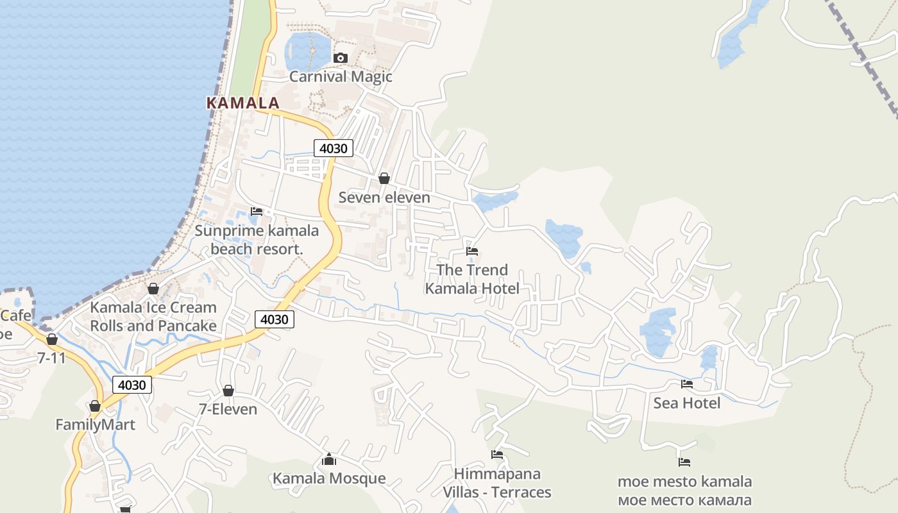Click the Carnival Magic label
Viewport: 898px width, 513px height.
pos(341,77)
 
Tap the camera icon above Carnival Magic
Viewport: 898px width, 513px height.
pos(341,58)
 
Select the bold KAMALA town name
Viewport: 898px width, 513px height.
pos(243,103)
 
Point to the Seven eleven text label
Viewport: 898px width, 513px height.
pos(384,198)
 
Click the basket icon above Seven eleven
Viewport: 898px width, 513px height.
pos(384,178)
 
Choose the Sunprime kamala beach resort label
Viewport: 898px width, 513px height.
pos(257,240)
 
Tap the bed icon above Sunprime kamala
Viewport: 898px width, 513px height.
pos(257,211)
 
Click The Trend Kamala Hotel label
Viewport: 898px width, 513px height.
pos(472,279)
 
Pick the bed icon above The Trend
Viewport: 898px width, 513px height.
pos(472,251)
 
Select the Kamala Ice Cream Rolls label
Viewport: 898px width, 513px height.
pos(153,317)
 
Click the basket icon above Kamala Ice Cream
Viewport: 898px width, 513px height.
pos(153,289)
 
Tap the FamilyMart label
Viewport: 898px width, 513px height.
pos(95,425)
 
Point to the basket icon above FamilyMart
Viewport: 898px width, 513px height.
pos(95,406)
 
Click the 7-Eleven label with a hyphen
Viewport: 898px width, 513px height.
pos(228,409)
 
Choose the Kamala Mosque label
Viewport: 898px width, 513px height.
pos(329,478)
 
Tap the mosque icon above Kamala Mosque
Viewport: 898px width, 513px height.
pos(329,459)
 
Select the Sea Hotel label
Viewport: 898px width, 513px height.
pos(687,403)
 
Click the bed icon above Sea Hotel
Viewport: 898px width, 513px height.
pos(687,384)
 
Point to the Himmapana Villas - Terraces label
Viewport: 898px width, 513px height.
pos(497,483)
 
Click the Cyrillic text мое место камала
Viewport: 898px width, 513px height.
pos(684,500)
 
